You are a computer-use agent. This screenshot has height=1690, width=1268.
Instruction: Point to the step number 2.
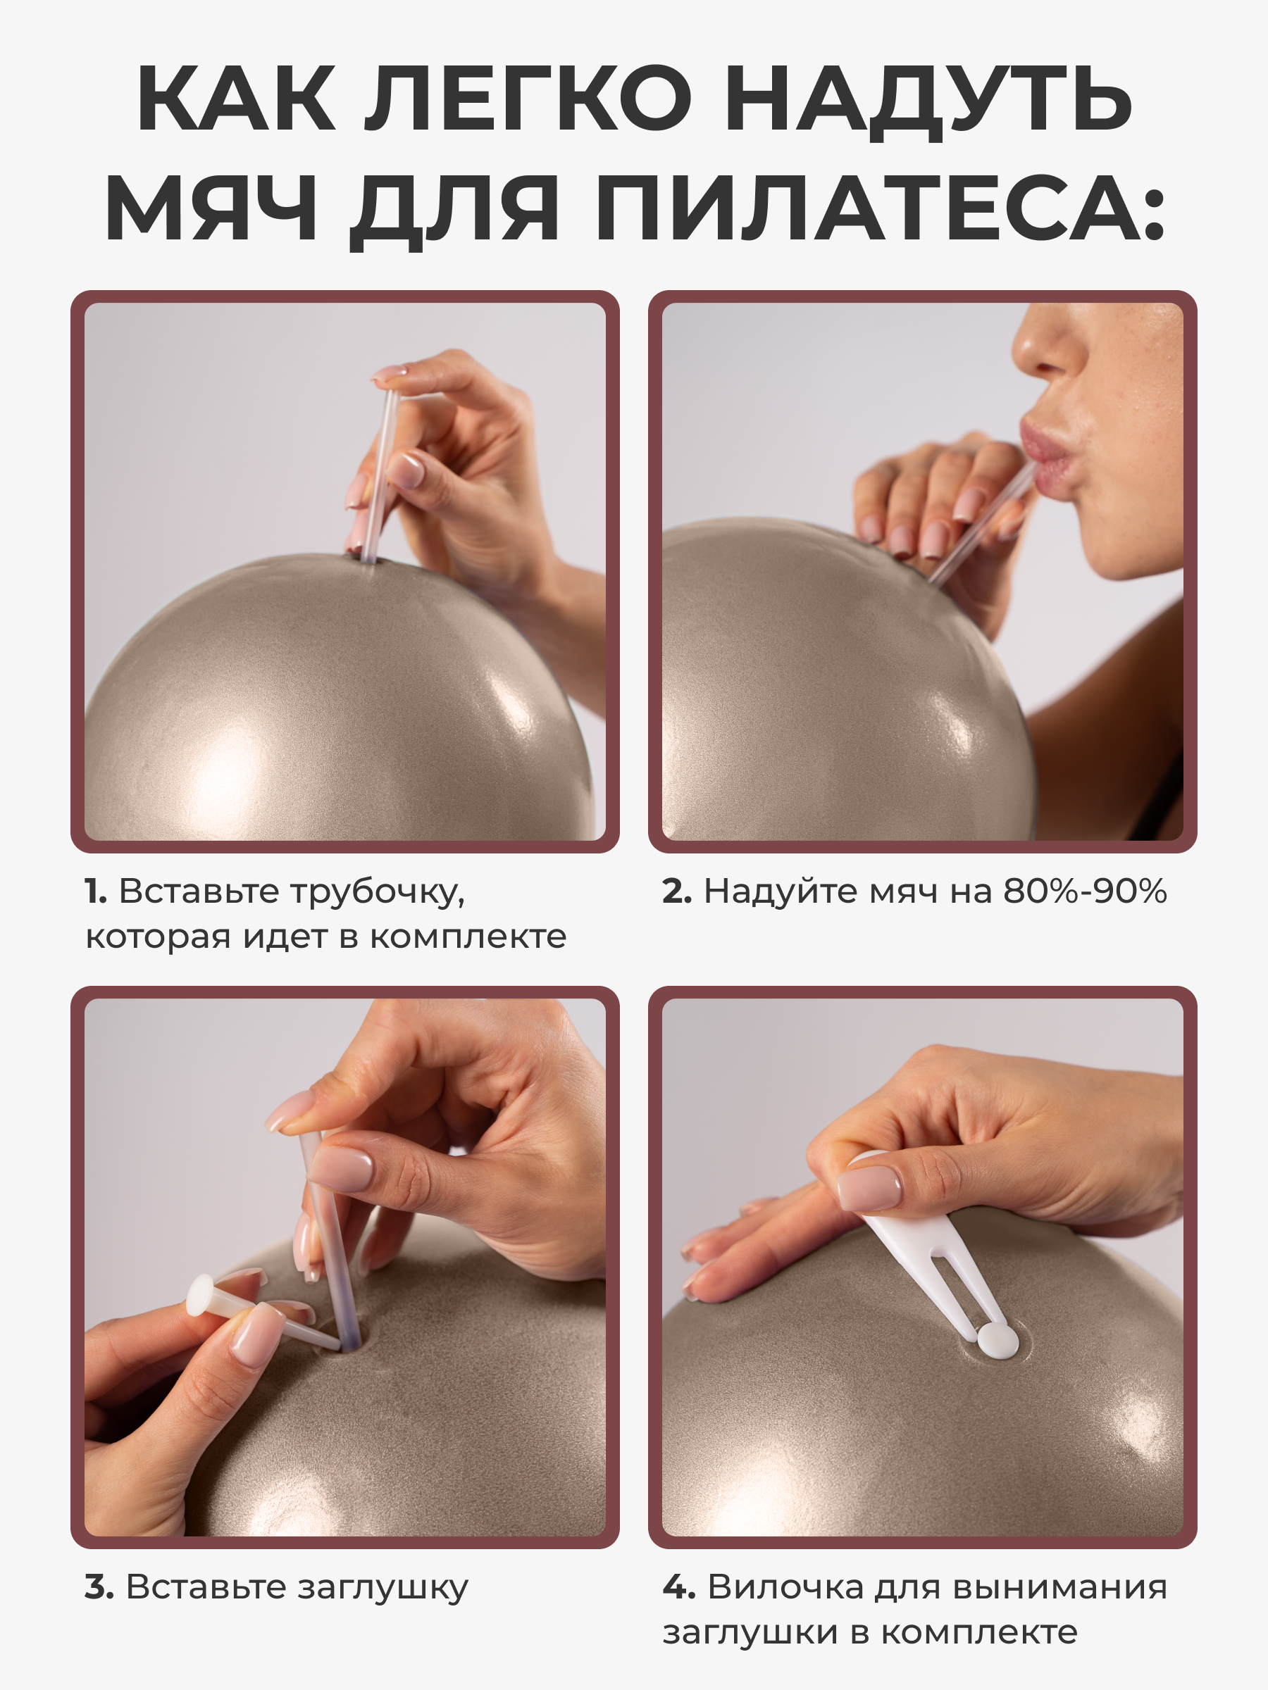tap(677, 891)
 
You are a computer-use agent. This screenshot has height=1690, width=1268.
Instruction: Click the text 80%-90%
tap(1085, 891)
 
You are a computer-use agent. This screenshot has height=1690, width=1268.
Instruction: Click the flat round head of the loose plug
tap(200, 1295)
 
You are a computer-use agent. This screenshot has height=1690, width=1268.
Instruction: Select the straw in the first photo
tap(380, 476)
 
